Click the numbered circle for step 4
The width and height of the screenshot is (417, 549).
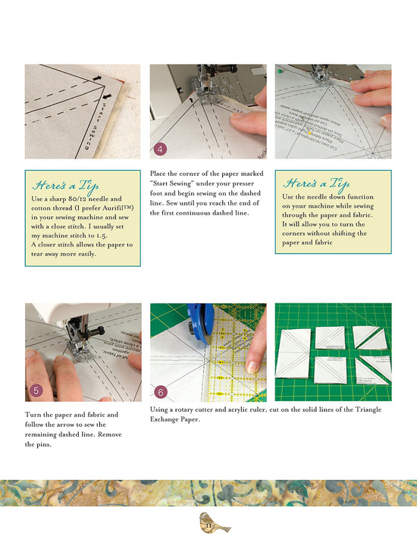pyautogui.click(x=160, y=149)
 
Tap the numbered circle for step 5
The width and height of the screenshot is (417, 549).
pyautogui.click(x=35, y=391)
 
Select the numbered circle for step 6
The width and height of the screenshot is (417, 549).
pyautogui.click(x=161, y=391)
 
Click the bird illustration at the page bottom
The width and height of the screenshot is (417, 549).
pyautogui.click(x=209, y=524)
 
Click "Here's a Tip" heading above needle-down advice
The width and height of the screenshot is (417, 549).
pyautogui.click(x=316, y=183)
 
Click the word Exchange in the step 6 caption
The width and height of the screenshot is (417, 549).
pyautogui.click(x=168, y=419)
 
